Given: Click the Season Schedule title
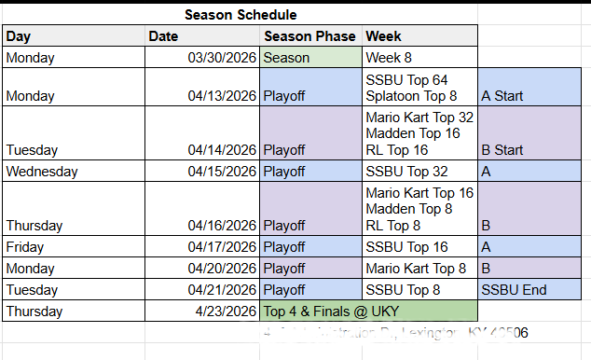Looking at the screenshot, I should [x=241, y=14].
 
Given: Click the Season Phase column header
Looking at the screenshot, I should [x=310, y=35].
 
